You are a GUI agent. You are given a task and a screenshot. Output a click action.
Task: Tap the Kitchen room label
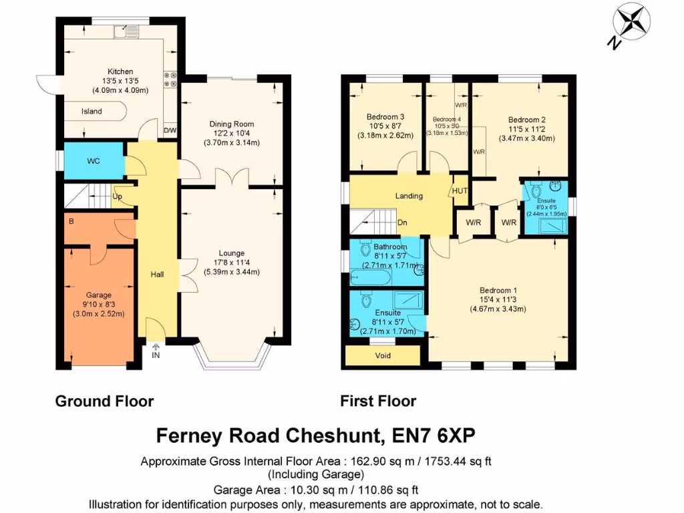121,71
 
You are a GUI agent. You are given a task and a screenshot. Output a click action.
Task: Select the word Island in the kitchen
92,112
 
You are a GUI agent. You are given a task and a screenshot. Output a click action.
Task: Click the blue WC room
93,162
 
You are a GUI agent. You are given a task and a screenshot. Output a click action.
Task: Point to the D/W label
170,130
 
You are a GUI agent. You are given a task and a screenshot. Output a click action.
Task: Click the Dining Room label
232,124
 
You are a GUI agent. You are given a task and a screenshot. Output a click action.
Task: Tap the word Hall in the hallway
157,275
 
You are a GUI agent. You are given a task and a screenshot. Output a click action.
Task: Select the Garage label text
98,295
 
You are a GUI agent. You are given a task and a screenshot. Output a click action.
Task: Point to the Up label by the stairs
118,196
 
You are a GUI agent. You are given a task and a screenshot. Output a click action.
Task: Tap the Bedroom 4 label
446,120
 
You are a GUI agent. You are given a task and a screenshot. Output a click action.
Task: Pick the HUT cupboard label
460,191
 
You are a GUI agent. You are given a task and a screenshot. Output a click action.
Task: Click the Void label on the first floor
383,356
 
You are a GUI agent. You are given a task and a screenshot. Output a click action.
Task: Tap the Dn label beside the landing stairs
402,222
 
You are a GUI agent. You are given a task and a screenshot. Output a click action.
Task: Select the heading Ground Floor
104,401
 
